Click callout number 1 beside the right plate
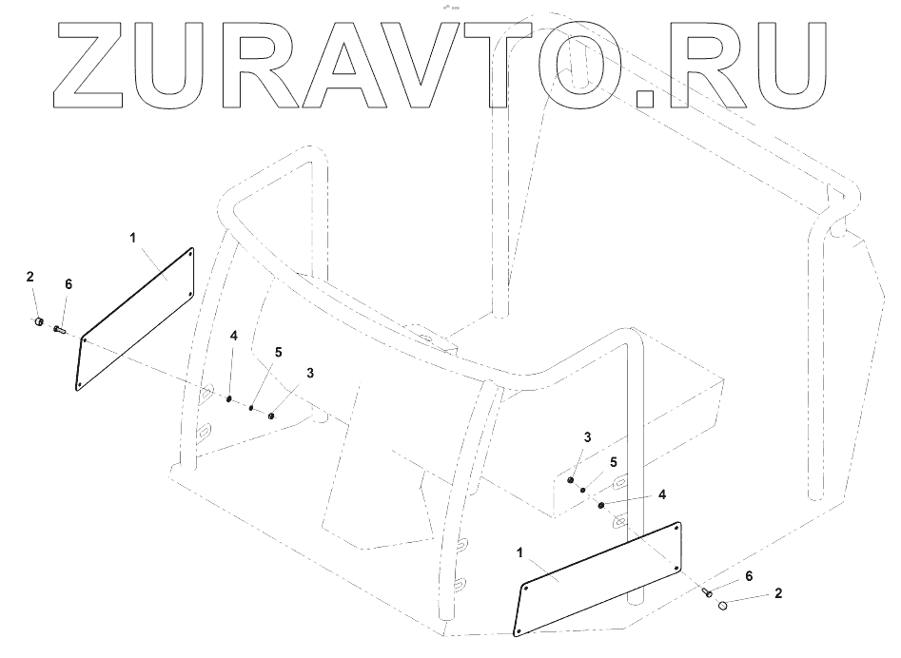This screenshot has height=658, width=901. coord(519,551)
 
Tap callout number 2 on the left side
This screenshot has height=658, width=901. coord(29,277)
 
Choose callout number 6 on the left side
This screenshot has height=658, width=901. coord(68,283)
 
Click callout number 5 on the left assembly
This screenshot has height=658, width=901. coord(279,351)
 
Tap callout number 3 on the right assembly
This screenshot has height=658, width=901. coord(588,436)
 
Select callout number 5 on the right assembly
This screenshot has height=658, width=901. coord(614,461)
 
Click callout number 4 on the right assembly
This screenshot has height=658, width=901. coord(662,493)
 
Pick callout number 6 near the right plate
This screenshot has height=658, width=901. coord(748,576)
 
